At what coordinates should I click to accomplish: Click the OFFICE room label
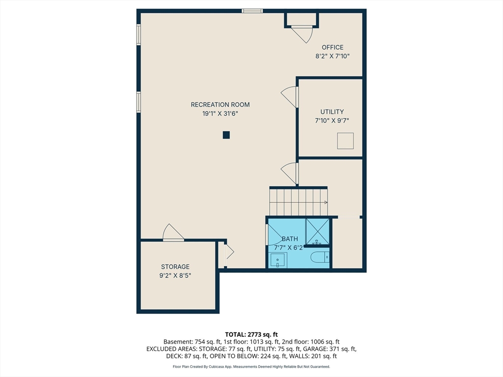click(333, 48)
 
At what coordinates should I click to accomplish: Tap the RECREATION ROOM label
click(220, 105)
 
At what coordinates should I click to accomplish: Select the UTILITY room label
click(332, 112)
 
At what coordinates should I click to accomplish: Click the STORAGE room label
click(175, 267)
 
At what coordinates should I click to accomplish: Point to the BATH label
click(290, 239)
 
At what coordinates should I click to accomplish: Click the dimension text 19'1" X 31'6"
click(220, 113)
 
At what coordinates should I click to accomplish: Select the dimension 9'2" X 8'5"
click(175, 276)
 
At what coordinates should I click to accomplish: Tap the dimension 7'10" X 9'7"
click(332, 121)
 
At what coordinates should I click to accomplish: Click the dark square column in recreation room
click(226, 135)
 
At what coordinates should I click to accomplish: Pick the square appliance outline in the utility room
click(345, 141)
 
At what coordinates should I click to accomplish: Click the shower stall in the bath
click(318, 231)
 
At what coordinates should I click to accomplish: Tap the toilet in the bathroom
click(320, 257)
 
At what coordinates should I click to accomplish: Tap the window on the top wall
click(252, 11)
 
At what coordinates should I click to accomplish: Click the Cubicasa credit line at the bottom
click(251, 366)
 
